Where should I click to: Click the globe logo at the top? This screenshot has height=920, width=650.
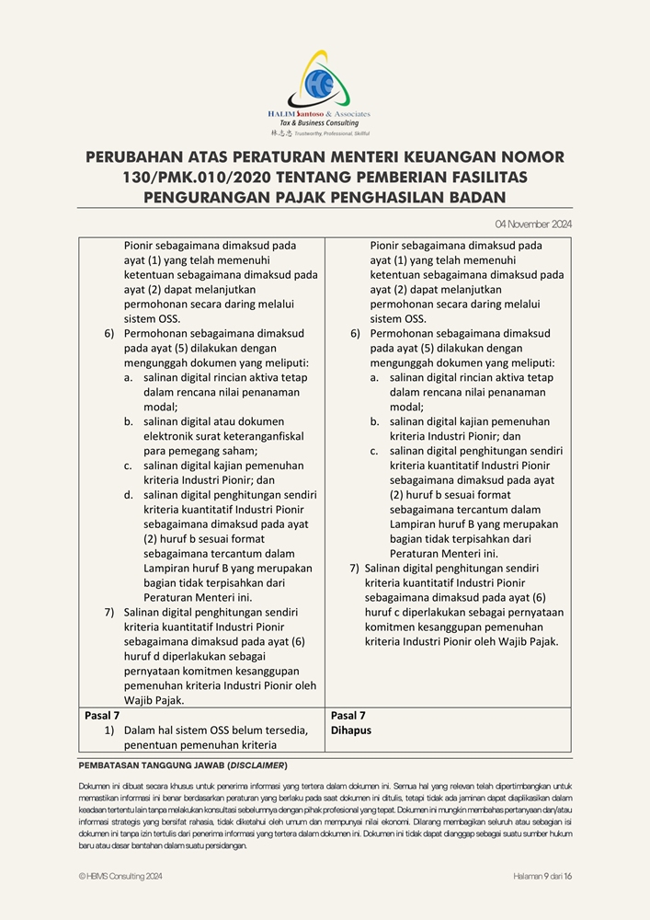click(323, 77)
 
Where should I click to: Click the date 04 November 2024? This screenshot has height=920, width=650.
click(533, 224)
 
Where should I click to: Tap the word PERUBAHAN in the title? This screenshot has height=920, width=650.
click(142, 157)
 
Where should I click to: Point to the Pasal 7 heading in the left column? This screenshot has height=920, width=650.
click(102, 715)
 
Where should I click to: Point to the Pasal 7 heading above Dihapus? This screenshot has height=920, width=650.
click(348, 715)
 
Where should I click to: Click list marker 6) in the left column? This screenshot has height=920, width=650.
click(109, 333)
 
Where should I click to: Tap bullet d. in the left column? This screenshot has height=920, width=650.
click(129, 495)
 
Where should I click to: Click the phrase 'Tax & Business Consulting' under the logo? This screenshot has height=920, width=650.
click(319, 123)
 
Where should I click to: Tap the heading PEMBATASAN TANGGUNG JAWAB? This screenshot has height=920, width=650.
click(152, 765)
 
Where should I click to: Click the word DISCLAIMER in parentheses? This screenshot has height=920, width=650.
click(257, 765)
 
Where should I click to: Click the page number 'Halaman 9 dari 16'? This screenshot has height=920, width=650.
click(542, 876)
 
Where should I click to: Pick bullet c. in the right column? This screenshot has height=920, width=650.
click(375, 451)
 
